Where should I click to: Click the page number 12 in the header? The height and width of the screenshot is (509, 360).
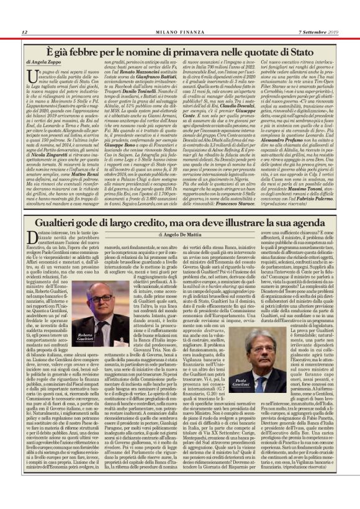(24, 32)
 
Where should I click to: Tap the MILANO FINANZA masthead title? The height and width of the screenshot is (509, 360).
(180, 32)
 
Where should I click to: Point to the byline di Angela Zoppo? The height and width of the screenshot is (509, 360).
(45, 63)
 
